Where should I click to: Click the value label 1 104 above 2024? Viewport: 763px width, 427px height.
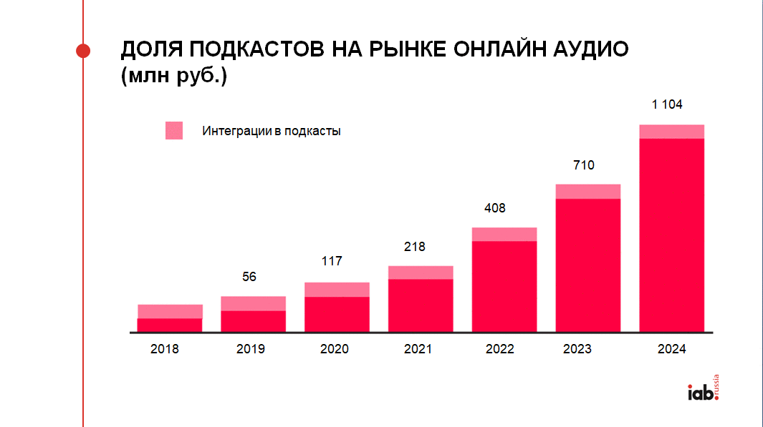coord(666,104)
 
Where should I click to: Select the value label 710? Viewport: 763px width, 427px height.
coord(584,165)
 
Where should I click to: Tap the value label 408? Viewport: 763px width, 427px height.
coord(495,208)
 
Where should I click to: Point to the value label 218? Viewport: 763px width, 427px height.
coord(414,247)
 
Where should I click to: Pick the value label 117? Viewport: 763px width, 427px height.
coord(332,261)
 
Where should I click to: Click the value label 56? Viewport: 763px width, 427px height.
coord(249,277)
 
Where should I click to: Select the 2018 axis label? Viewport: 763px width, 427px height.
coord(165,349)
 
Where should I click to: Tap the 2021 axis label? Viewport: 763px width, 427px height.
coord(418,349)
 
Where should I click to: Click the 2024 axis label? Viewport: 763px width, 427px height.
coord(671,349)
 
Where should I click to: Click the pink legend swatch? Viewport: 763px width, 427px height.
coord(174,131)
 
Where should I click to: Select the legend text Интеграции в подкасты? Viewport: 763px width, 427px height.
coord(272,132)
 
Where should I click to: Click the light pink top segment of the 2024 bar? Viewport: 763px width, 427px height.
coord(671,132)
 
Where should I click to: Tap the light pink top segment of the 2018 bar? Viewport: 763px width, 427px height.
coord(170,311)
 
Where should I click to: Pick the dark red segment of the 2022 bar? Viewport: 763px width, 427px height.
coord(504,286)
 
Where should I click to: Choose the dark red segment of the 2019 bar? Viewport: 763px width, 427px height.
coord(253,321)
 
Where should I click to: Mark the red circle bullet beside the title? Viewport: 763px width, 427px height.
coord(83,50)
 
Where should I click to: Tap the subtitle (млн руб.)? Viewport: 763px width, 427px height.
coord(173,76)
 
